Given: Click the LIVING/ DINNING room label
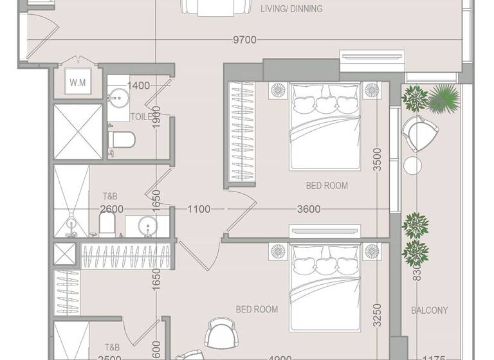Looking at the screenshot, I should pyautogui.click(x=291, y=9).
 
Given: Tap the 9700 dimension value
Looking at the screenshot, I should pyautogui.click(x=244, y=40).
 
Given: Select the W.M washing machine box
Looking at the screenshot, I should pyautogui.click(x=78, y=82).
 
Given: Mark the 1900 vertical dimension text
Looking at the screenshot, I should pyautogui.click(x=156, y=118).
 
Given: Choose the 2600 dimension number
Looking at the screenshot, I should pyautogui.click(x=111, y=209).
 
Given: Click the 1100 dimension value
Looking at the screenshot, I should pyautogui.click(x=199, y=209).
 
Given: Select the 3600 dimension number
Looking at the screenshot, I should pyautogui.click(x=309, y=209).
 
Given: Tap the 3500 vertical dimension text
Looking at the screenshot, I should pyautogui.click(x=378, y=159).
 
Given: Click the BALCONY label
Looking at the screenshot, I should pyautogui.click(x=429, y=310).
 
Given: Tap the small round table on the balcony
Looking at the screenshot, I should pyautogui.click(x=412, y=165).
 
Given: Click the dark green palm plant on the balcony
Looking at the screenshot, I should pyautogui.click(x=444, y=98).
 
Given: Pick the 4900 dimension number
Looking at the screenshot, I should pyautogui.click(x=280, y=357).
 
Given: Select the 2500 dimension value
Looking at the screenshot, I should pyautogui.click(x=111, y=357).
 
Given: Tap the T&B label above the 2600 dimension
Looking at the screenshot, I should pyautogui.click(x=110, y=196).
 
